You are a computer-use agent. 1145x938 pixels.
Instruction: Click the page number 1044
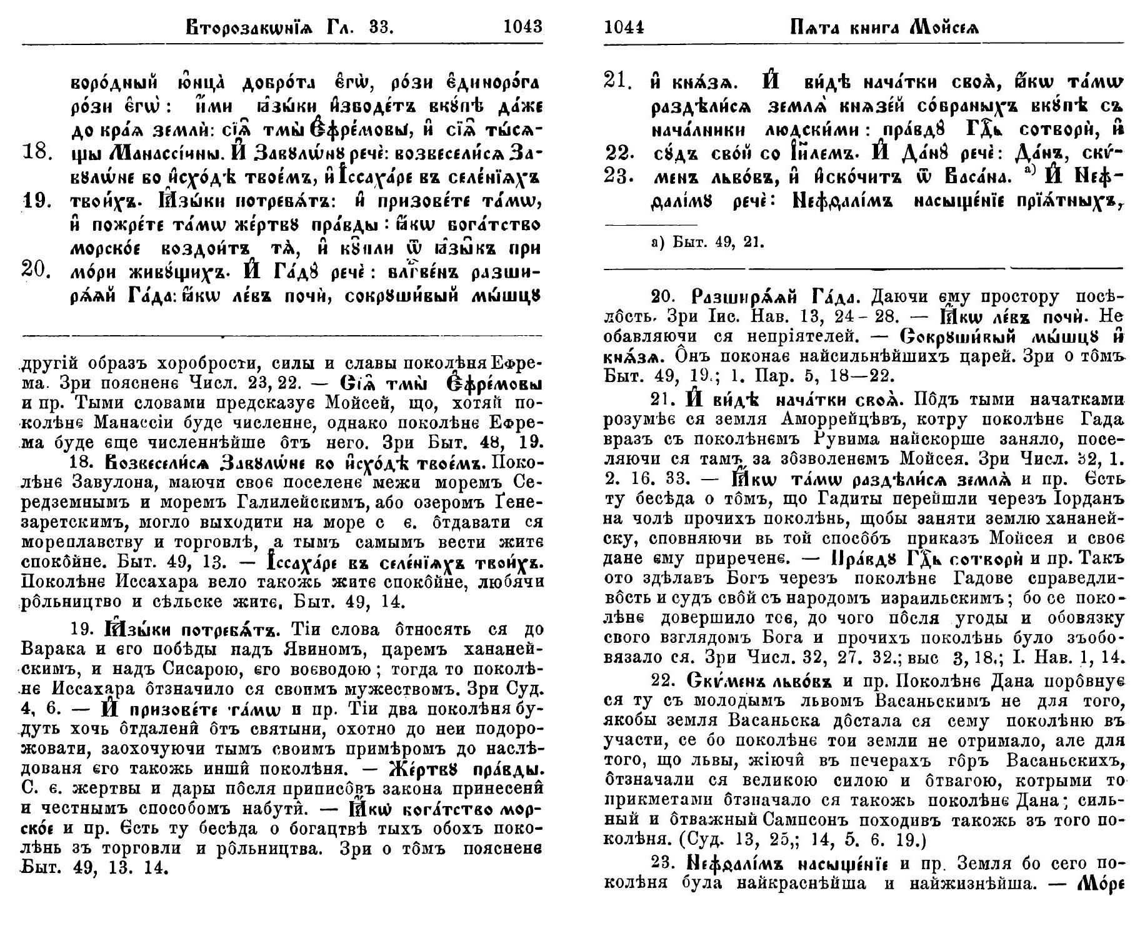pyautogui.click(x=624, y=28)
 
